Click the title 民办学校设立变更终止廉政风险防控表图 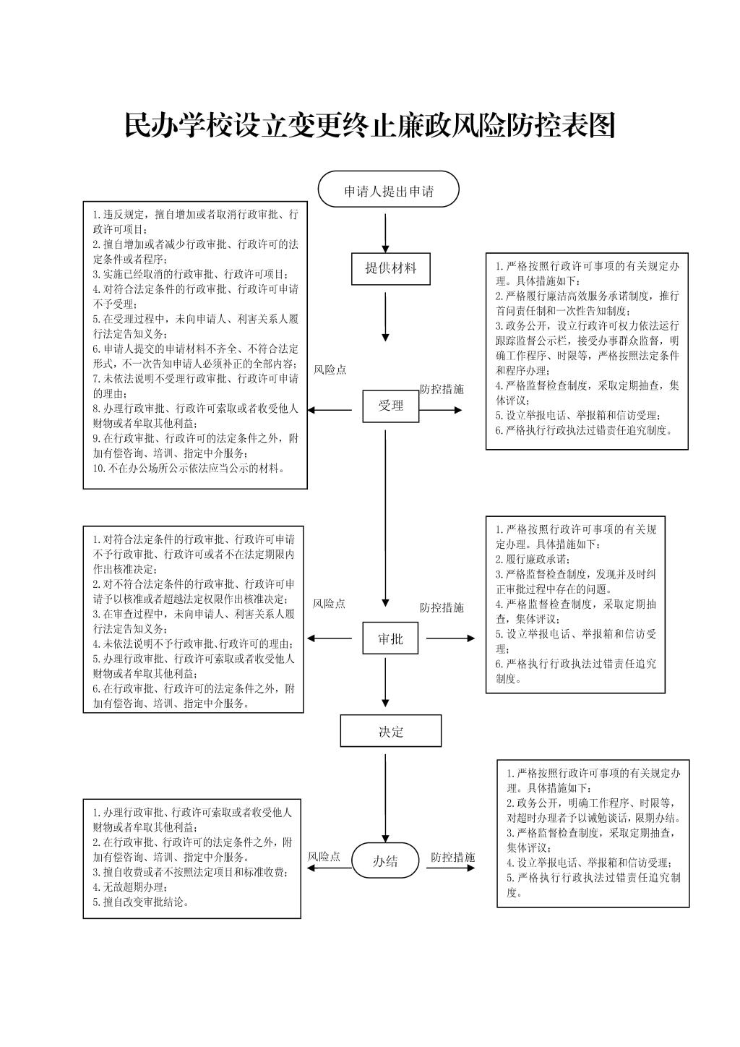[369, 125]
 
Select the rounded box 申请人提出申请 [388, 189]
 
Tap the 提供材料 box [390, 269]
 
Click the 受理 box [390, 406]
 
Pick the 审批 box [390, 638]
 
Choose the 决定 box [390, 730]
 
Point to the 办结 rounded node [385, 861]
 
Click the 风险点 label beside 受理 [330, 369]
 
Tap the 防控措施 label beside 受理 [442, 389]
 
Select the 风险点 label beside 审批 [329, 604]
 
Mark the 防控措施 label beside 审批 [442, 607]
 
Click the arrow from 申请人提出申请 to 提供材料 [385, 234]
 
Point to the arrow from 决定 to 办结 [385, 798]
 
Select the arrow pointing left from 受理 [330, 410]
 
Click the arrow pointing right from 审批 [450, 638]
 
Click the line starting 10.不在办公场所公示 [189, 469]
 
